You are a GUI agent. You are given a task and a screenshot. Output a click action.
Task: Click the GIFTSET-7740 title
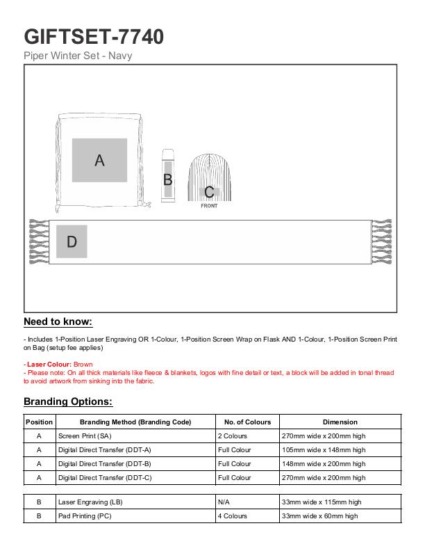pos(94,36)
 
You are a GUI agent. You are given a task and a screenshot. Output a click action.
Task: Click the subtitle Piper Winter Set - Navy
pos(78,56)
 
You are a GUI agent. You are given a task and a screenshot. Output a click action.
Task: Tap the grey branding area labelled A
pos(99,160)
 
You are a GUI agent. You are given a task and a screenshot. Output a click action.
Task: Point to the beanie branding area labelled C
pos(209,191)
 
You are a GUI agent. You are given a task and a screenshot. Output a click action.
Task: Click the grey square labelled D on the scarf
pos(72,241)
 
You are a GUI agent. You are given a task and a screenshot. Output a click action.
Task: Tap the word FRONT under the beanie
pos(209,206)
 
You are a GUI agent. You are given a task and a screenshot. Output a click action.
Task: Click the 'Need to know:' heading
pos(58,321)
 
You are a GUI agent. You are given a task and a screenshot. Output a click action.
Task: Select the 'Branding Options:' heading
pos(68,401)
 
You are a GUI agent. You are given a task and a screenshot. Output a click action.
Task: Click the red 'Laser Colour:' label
pos(48,365)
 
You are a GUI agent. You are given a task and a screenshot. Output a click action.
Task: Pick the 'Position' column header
pos(39,422)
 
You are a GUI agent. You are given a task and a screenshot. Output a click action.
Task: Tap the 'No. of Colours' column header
pos(247,422)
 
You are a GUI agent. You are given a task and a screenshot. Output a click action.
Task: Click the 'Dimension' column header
pos(340,422)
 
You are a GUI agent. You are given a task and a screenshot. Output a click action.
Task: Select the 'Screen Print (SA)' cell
pos(85,436)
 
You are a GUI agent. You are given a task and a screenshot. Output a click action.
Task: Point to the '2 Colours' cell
pos(233,436)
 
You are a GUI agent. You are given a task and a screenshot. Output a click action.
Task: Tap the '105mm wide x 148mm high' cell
pos(324,449)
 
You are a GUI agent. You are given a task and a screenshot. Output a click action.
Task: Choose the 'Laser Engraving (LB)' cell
pos(90,502)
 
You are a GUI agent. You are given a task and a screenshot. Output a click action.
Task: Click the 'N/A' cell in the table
pos(224,502)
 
